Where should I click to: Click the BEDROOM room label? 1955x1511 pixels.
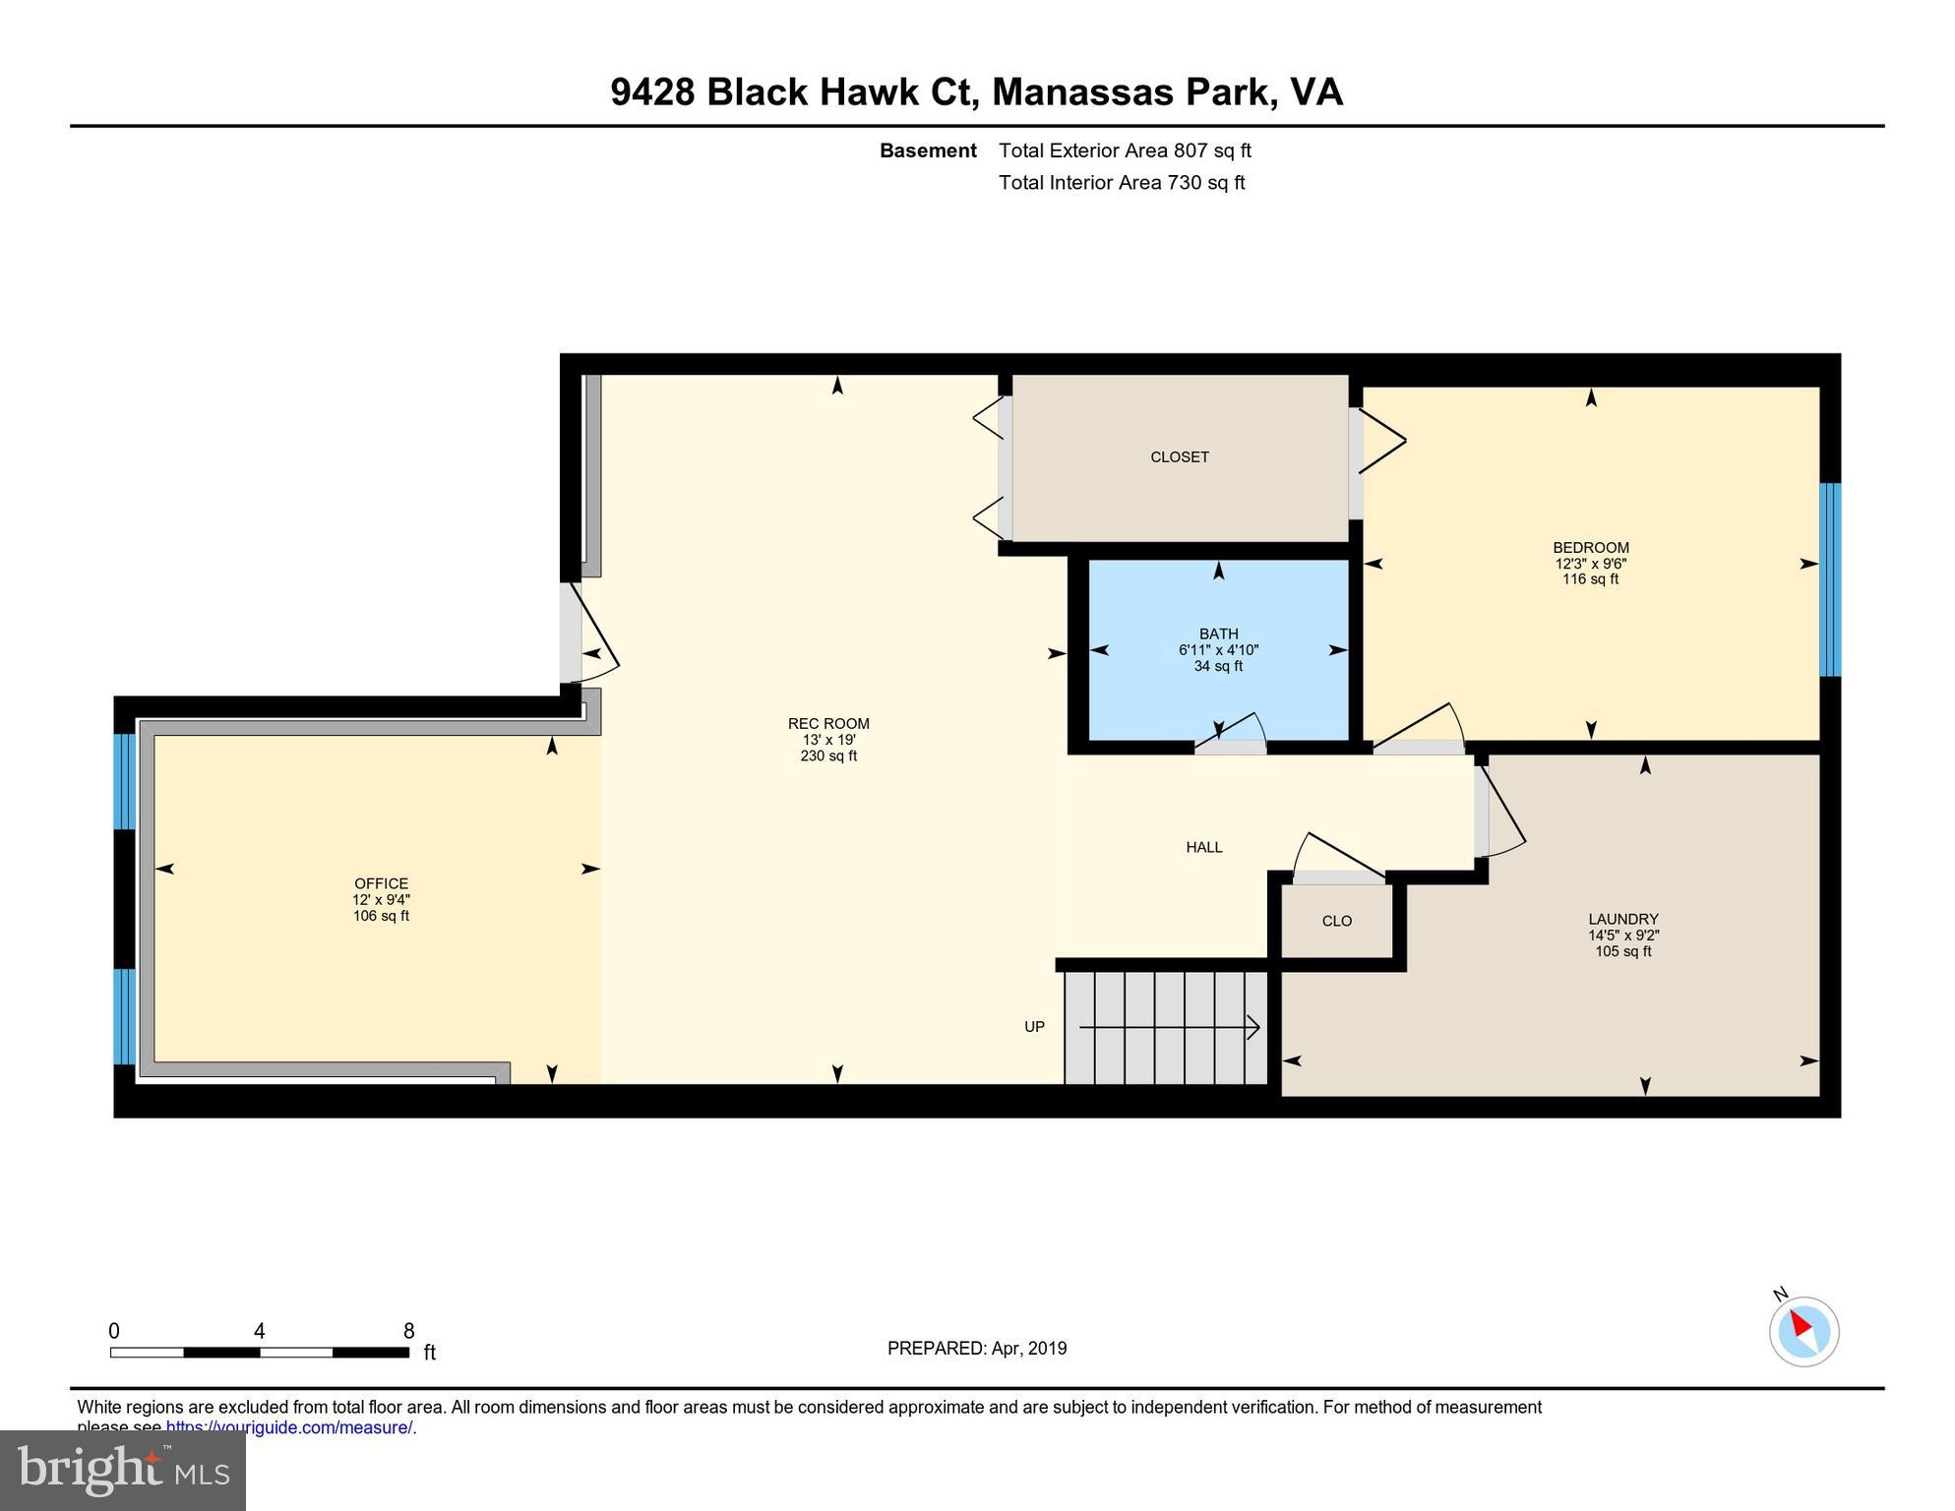point(1590,548)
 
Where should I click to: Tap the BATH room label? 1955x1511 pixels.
point(1218,635)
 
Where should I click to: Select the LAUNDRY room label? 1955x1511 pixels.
point(1622,920)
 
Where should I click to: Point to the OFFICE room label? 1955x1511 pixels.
point(381,883)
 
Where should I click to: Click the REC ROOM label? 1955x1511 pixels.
point(828,723)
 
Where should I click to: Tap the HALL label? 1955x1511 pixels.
point(1203,847)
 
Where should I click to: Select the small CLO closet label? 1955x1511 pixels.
point(1336,921)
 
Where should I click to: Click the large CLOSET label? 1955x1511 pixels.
point(1179,456)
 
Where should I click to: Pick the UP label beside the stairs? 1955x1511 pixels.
point(1034,1026)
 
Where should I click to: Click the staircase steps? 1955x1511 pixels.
point(1166,1027)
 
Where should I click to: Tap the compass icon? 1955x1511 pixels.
point(1803,1330)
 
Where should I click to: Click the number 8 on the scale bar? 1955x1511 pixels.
point(408,1331)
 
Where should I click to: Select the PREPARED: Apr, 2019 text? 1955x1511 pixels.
point(976,1348)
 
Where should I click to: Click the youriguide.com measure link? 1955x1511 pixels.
point(289,1427)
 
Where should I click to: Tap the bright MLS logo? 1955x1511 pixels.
point(123,1470)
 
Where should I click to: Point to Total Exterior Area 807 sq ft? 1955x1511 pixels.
point(1125,151)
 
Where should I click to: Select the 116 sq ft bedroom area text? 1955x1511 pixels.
point(1590,579)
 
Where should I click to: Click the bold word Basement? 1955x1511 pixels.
point(927,151)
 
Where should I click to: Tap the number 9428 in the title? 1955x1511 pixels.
point(652,91)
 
